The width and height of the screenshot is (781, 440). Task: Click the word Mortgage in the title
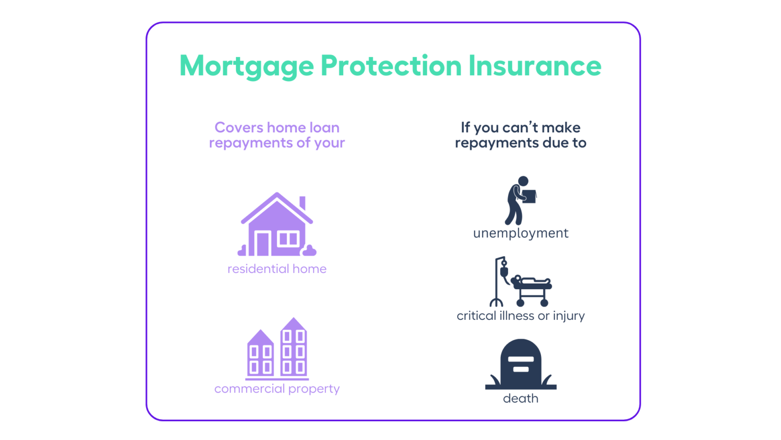[x=247, y=66]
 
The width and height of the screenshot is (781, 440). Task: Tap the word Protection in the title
[x=390, y=66]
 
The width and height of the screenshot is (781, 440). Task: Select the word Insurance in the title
[x=534, y=66]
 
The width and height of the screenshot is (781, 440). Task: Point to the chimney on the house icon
[x=303, y=202]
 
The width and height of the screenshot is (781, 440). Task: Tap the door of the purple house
[x=263, y=243]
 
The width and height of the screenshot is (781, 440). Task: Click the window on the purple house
[x=288, y=238]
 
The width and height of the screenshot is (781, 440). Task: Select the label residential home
[x=277, y=269]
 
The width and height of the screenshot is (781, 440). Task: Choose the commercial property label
[x=277, y=389]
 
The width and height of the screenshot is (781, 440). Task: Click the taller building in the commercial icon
[x=293, y=349]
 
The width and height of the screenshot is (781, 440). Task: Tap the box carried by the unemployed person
[x=529, y=197]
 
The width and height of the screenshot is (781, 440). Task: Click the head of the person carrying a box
[x=523, y=181]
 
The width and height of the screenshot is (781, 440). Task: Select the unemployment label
[x=521, y=233]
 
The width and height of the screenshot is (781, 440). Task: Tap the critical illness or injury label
[x=521, y=316]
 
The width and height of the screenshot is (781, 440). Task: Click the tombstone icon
[x=521, y=364]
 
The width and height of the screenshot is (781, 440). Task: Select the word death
[x=521, y=398]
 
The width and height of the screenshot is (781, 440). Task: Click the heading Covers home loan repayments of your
[x=277, y=135]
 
